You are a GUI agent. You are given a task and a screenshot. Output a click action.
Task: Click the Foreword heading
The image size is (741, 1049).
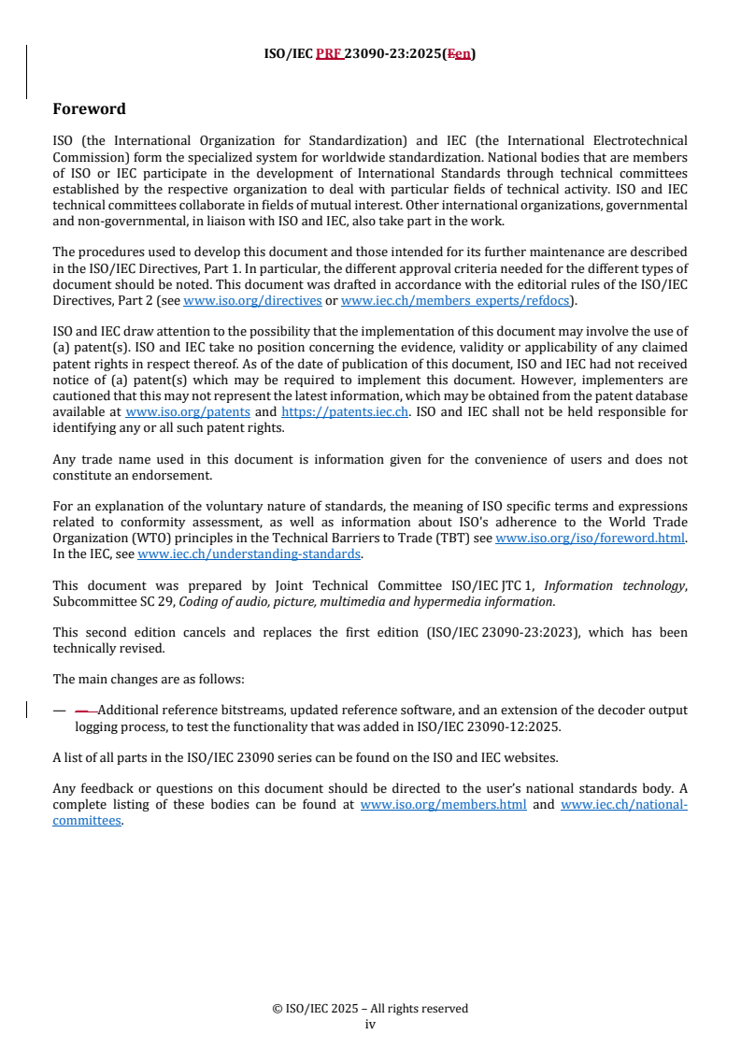89,109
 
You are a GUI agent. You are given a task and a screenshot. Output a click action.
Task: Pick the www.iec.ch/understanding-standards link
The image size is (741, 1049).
249,553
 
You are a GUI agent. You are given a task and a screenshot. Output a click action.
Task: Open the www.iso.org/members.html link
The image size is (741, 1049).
443,804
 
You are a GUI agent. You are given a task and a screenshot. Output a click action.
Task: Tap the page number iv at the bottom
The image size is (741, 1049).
370,1024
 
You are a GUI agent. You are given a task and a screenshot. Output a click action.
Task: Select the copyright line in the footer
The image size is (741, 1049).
370,1008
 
